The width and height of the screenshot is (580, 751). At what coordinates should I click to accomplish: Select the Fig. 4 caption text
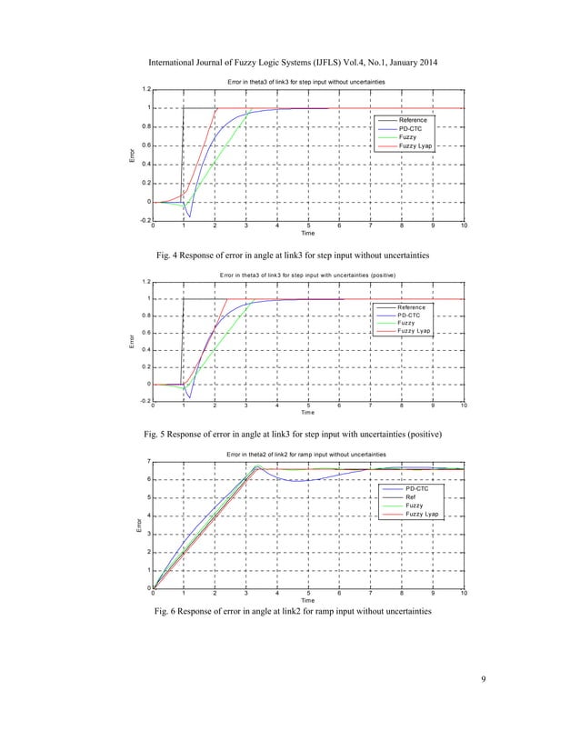(x=289, y=253)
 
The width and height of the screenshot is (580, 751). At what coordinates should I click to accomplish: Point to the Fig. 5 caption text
(x=289, y=434)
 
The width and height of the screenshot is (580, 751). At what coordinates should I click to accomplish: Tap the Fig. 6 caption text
(x=289, y=610)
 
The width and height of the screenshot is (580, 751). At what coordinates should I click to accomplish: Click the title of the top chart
(x=307, y=83)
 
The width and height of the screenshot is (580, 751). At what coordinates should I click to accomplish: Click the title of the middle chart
(x=307, y=273)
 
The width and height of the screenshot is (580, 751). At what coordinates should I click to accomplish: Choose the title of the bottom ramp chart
(x=307, y=454)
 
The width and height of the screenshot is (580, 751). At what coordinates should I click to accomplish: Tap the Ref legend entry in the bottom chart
(x=406, y=497)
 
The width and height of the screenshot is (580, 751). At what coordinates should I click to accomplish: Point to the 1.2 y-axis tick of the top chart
(x=145, y=89)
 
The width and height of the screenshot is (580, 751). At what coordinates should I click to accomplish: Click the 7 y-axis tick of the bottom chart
(x=148, y=461)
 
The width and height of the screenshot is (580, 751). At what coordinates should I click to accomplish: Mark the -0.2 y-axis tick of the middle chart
(x=145, y=401)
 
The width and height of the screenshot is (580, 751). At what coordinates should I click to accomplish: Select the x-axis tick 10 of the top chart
(x=464, y=225)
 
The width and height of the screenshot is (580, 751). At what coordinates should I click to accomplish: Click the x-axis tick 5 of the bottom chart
(x=308, y=593)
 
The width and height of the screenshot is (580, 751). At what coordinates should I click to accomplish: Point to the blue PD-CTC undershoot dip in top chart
(x=189, y=216)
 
